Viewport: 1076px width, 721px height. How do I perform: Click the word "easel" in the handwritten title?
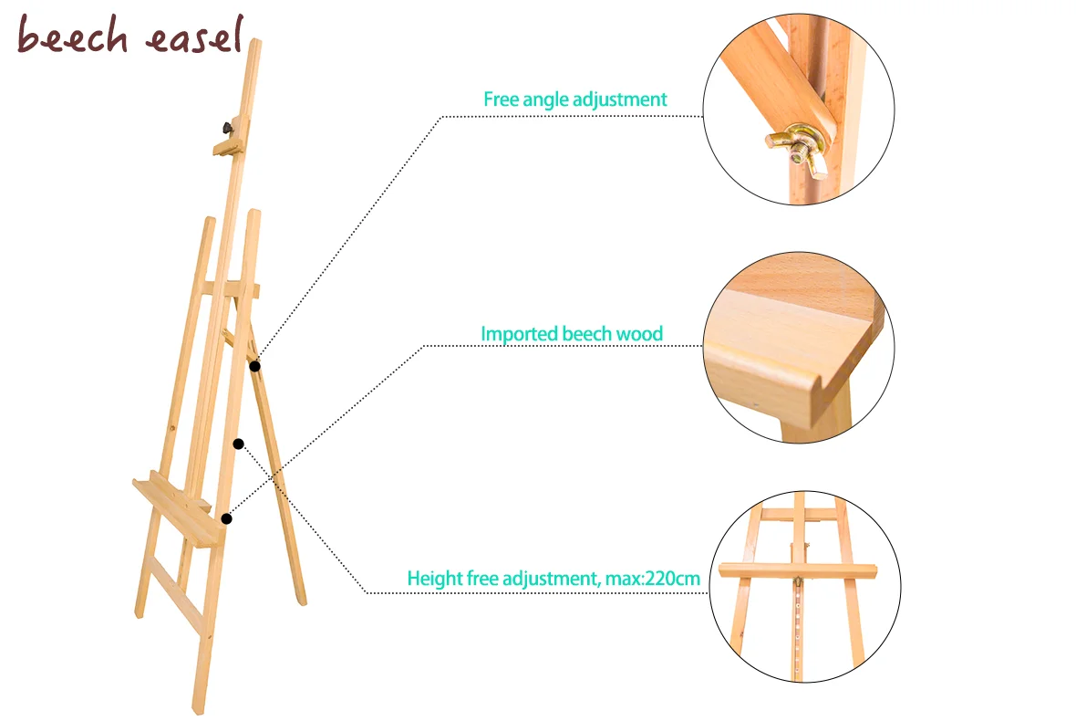tap(193, 37)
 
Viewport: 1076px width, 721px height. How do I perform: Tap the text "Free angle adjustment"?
tap(574, 99)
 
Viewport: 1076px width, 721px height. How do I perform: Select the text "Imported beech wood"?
tap(572, 334)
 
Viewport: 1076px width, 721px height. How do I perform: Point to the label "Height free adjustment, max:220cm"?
tap(553, 578)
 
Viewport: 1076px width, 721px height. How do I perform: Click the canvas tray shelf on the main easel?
tap(178, 510)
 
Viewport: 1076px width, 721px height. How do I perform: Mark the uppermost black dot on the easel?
tap(255, 366)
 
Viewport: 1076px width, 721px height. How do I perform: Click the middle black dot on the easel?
tap(238, 444)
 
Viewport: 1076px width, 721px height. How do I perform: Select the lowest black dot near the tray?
tap(226, 519)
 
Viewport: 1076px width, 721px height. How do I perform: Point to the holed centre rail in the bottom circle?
tap(800, 630)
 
